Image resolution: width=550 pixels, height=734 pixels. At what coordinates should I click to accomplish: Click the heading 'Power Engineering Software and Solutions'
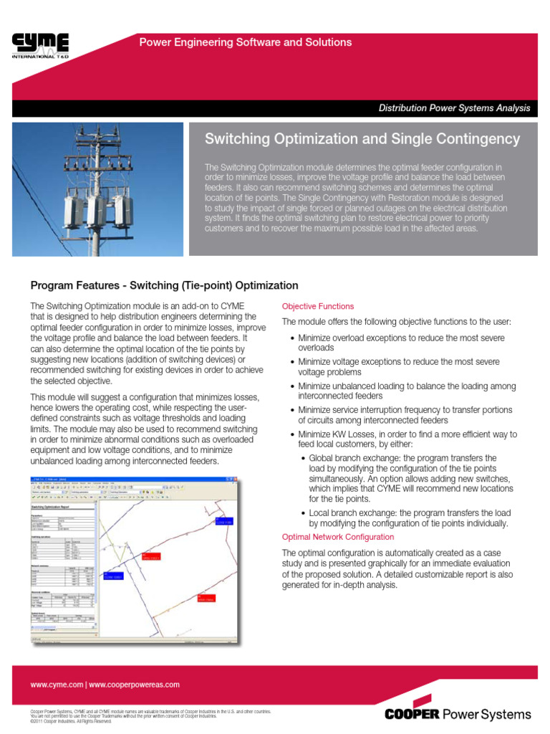[246, 42]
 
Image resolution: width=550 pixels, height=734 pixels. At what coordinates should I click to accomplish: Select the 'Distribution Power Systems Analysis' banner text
[454, 108]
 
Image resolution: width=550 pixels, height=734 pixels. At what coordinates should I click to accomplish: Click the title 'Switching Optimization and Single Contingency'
[362, 138]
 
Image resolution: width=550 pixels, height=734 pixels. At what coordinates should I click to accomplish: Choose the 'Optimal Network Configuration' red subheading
[337, 537]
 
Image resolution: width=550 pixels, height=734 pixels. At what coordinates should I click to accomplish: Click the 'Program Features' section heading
[164, 285]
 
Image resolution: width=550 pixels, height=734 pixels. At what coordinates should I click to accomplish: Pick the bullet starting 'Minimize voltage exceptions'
[399, 367]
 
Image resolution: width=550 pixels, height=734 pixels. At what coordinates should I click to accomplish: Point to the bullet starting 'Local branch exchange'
[407, 518]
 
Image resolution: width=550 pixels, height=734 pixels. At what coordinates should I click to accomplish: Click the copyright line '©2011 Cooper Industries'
[71, 721]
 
